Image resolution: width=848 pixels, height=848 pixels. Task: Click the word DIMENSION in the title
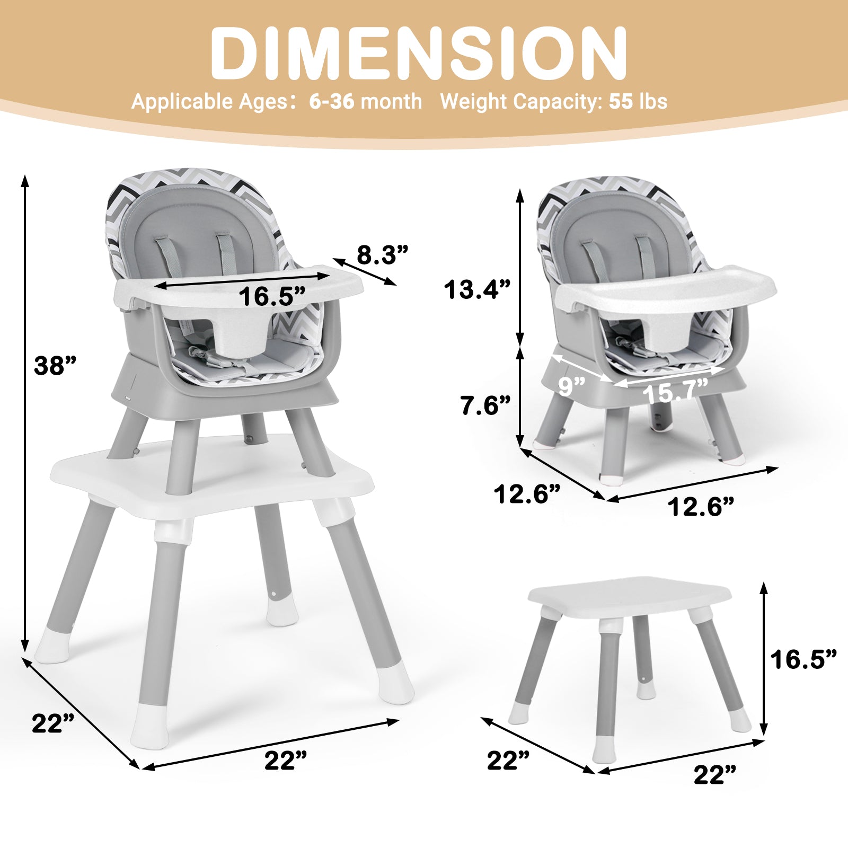tap(419, 52)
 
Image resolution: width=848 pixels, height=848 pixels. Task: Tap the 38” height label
tap(55, 366)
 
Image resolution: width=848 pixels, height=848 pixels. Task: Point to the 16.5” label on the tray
tap(272, 296)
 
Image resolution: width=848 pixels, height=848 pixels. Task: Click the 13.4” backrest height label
tap(477, 289)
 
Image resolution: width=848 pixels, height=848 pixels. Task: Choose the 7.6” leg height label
tap(485, 405)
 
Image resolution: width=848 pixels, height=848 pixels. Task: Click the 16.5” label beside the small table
tap(803, 660)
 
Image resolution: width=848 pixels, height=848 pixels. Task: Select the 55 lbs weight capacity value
tap(638, 101)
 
